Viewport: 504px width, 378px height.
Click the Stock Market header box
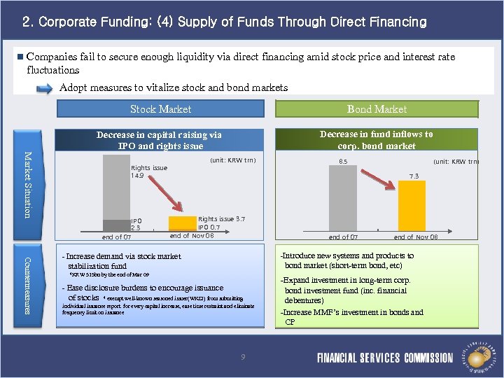[x=160, y=109]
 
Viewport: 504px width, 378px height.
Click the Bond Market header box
[x=377, y=109]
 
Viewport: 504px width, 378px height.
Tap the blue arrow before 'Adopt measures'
[x=43, y=88]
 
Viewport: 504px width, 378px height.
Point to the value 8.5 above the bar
[x=343, y=162]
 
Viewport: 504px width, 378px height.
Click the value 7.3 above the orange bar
[x=415, y=176]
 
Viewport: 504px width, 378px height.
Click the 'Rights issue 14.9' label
[x=149, y=172]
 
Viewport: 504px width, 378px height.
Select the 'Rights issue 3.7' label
[x=221, y=219]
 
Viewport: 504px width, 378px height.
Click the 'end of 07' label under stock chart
[x=116, y=237]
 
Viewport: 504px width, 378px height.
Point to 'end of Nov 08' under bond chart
[x=416, y=237]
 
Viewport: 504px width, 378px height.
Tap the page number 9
[x=243, y=358]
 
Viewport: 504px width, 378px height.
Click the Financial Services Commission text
[x=384, y=358]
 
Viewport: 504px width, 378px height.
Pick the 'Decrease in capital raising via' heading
[x=159, y=135]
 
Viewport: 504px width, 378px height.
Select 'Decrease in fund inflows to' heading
[x=376, y=134]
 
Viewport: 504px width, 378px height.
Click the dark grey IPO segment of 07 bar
[x=116, y=225]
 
